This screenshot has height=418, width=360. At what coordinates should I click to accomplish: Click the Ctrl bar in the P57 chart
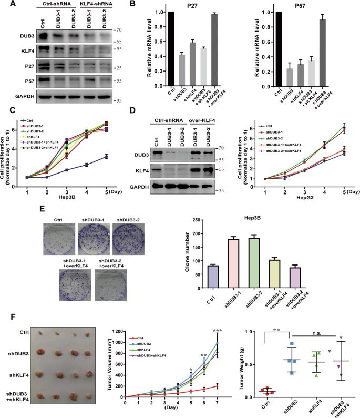278,48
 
